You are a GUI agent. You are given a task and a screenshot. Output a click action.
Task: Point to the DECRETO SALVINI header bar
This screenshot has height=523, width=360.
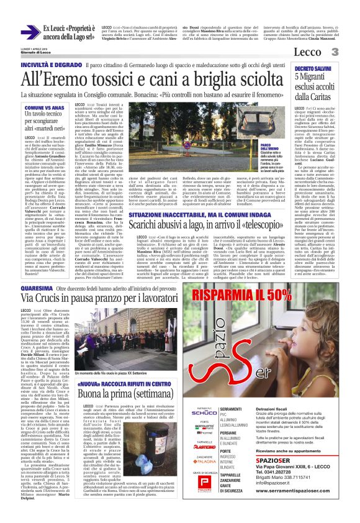tap(317, 66)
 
